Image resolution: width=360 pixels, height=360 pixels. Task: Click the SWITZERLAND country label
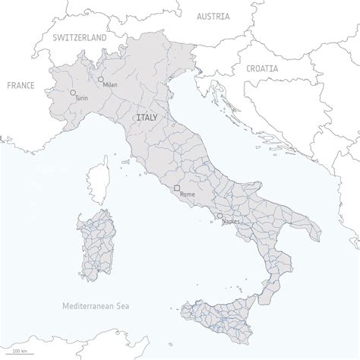point(79,36)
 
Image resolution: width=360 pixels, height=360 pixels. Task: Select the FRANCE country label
point(21,86)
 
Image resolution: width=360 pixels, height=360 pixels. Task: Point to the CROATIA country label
point(262,68)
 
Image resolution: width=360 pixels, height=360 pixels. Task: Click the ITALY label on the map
point(147,118)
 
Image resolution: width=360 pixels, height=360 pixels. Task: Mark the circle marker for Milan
point(100,78)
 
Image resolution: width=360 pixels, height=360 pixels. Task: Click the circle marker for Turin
point(73,93)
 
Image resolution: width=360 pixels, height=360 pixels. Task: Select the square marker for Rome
point(176,188)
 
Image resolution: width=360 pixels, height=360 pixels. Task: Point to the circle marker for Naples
point(219,216)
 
